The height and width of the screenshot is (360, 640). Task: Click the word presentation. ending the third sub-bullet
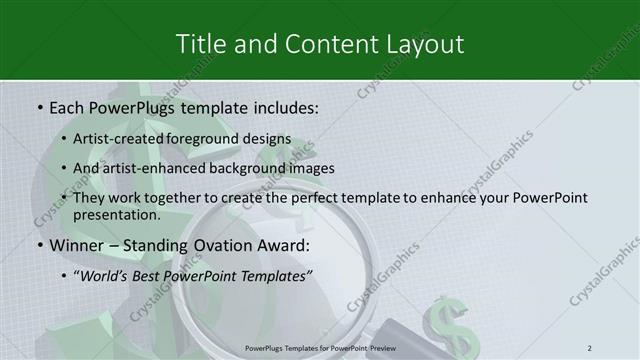(x=117, y=214)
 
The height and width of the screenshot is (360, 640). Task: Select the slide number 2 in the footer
(x=590, y=347)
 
